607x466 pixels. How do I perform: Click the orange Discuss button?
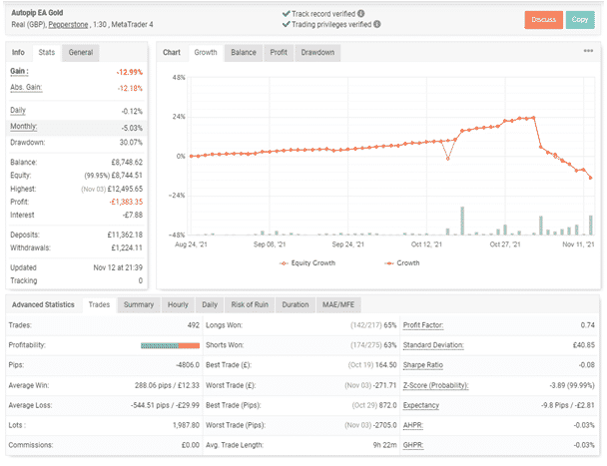tap(542, 19)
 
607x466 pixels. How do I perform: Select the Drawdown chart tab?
tap(317, 52)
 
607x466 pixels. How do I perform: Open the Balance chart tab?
tap(243, 52)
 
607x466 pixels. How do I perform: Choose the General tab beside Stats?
tap(81, 52)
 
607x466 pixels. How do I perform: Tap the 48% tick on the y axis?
tap(179, 77)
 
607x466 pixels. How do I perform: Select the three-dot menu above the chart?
tap(588, 52)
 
